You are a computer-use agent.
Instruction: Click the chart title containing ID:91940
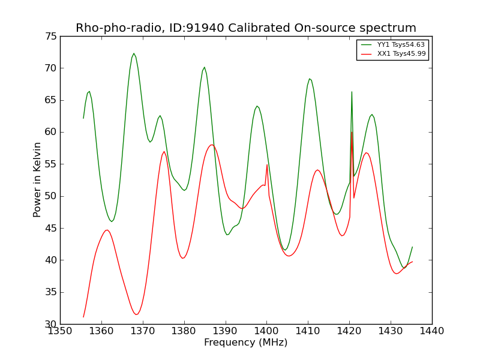coord(246,28)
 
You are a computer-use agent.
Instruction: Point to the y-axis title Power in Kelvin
coord(37,179)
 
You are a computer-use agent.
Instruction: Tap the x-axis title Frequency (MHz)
coord(246,343)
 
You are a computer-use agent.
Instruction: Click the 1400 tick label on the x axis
coord(267,331)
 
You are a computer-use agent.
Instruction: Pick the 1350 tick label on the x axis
coord(61,331)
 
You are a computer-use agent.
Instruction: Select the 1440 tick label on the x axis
coord(432,331)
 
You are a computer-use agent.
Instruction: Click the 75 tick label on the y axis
coord(51,37)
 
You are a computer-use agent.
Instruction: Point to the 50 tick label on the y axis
coord(51,196)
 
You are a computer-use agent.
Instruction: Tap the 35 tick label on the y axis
coord(51,292)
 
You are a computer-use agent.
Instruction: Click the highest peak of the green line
coord(134,53)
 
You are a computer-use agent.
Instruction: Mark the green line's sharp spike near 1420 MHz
coord(352,92)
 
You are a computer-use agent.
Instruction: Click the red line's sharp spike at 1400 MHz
coord(267,164)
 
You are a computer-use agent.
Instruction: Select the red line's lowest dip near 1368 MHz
coord(136,314)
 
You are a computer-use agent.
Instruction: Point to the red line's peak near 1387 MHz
coord(212,145)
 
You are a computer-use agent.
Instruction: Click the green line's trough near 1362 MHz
coord(112,221)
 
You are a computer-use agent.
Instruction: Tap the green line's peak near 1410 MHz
coord(310,79)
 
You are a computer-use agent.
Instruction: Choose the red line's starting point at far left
coord(83,317)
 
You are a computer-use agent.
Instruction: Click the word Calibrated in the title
coord(259,28)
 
